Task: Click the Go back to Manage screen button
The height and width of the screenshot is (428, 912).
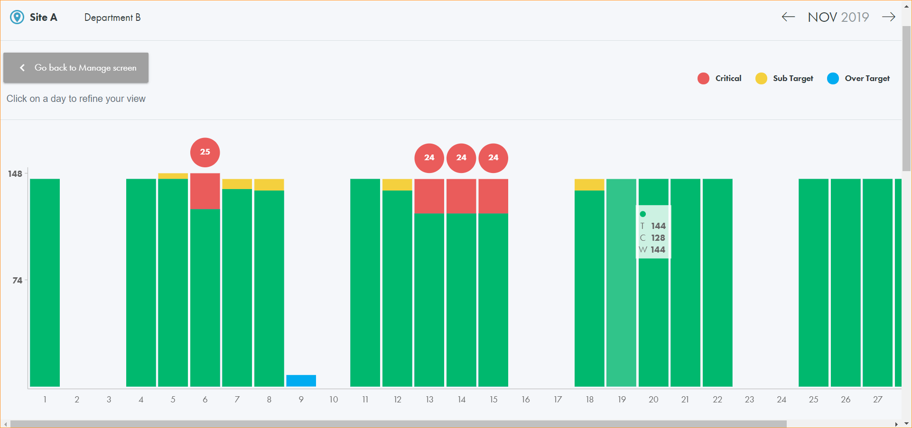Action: (76, 68)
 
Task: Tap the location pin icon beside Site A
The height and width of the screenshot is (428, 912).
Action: (17, 18)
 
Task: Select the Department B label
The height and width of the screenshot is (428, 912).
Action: (112, 18)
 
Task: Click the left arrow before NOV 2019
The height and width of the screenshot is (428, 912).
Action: (788, 17)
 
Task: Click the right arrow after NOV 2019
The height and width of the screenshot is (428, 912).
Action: (888, 17)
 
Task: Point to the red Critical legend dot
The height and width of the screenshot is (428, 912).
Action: (703, 79)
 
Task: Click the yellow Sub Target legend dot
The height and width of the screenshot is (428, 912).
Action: (761, 79)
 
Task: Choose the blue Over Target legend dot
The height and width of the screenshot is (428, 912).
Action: (833, 79)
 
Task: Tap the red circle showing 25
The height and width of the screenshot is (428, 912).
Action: (205, 152)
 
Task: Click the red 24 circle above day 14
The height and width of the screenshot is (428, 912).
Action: (461, 158)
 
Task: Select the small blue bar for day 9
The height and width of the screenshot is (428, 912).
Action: (301, 381)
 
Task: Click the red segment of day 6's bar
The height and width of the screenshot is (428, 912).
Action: (205, 191)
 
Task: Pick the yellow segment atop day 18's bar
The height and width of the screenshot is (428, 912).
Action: (589, 184)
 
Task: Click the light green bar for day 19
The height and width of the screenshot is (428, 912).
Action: (621, 284)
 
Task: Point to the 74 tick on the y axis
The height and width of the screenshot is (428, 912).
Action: (18, 281)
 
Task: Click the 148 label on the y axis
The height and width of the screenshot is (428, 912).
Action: (15, 174)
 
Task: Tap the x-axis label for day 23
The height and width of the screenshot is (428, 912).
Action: (749, 400)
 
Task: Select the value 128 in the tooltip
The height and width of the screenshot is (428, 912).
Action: (658, 238)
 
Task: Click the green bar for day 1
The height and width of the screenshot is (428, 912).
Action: (45, 284)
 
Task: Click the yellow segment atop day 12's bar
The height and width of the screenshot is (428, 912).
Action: (397, 184)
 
